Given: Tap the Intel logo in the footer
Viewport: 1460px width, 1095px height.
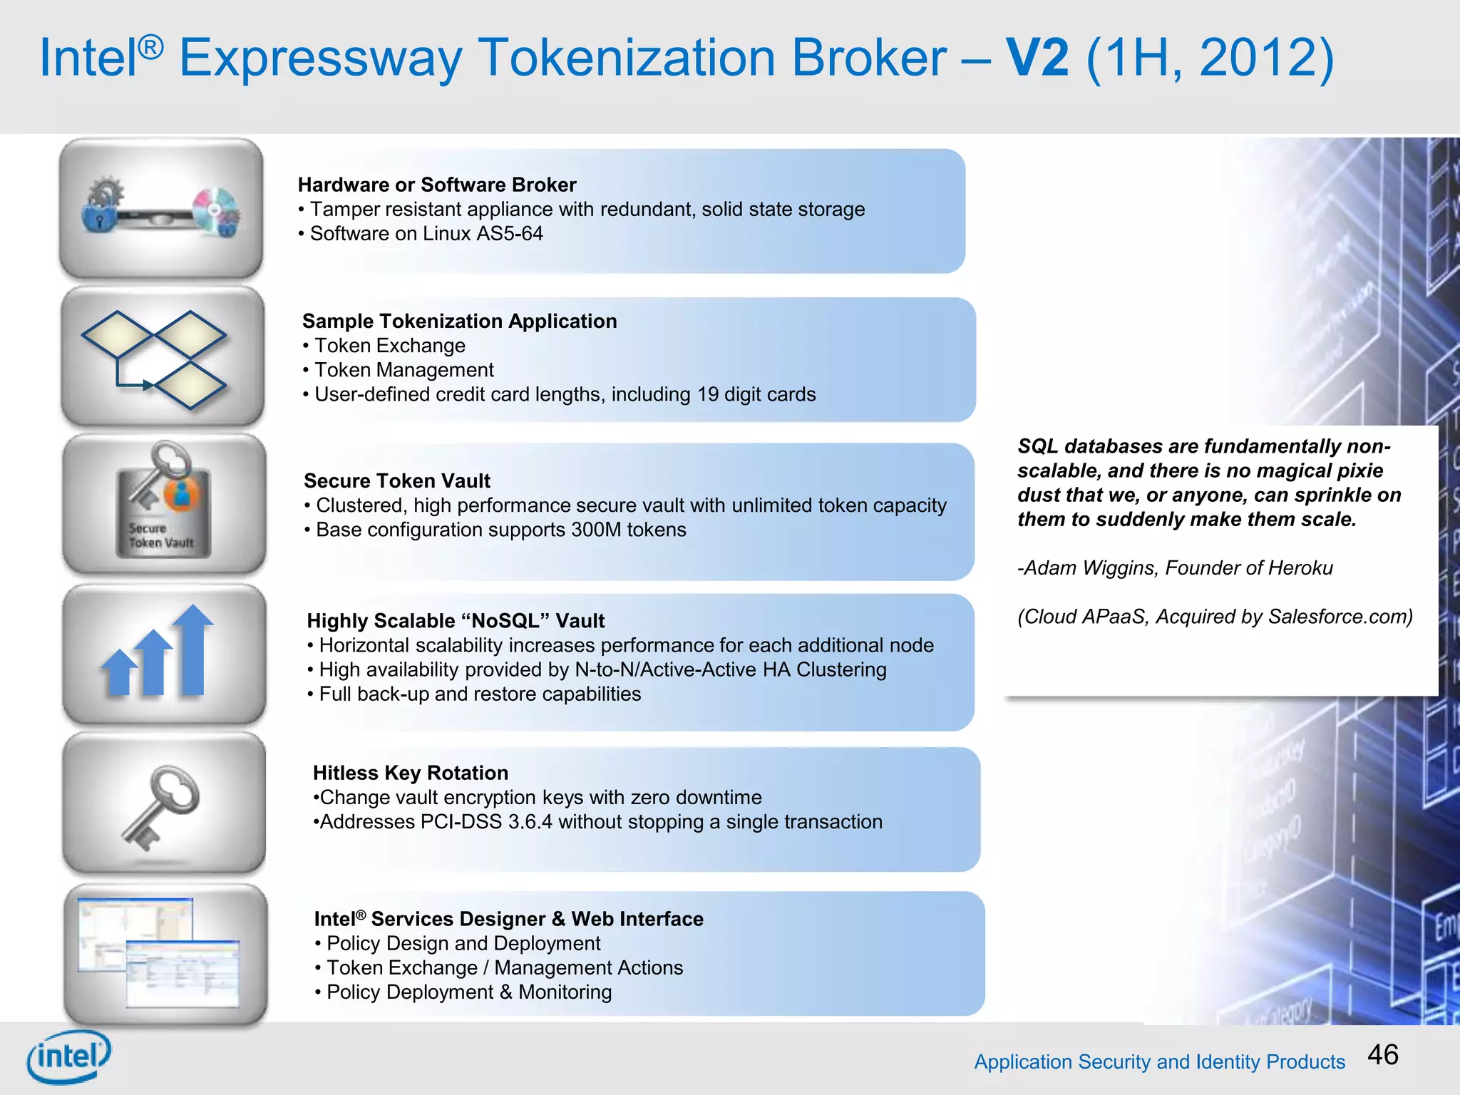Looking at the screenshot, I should coord(69,1056).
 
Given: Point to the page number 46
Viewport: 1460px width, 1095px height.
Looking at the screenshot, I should coord(1383,1054).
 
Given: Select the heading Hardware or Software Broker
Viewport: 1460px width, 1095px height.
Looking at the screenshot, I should coord(436,185).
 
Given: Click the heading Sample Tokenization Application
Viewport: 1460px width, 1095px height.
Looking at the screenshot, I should coord(459,321).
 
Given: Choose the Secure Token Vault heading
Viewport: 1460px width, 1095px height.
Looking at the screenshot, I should coord(396,480).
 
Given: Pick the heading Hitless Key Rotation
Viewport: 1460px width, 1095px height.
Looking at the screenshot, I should coord(410,773).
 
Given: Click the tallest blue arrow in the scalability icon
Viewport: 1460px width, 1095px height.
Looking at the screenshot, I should coord(192,649).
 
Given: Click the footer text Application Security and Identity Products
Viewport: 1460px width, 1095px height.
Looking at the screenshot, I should coord(1159,1061).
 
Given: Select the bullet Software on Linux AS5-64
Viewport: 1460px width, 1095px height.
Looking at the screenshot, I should coord(426,233).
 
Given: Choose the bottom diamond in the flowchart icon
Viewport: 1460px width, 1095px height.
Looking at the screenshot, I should coord(190,385).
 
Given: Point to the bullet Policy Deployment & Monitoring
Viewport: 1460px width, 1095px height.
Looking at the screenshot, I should coord(468,992).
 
